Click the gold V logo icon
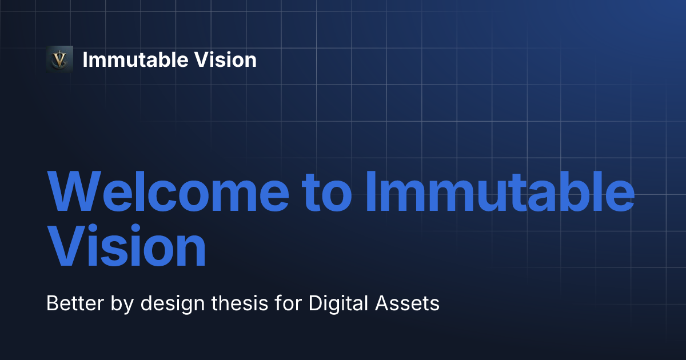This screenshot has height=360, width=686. [x=59, y=59]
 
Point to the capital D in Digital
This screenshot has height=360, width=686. [x=315, y=303]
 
